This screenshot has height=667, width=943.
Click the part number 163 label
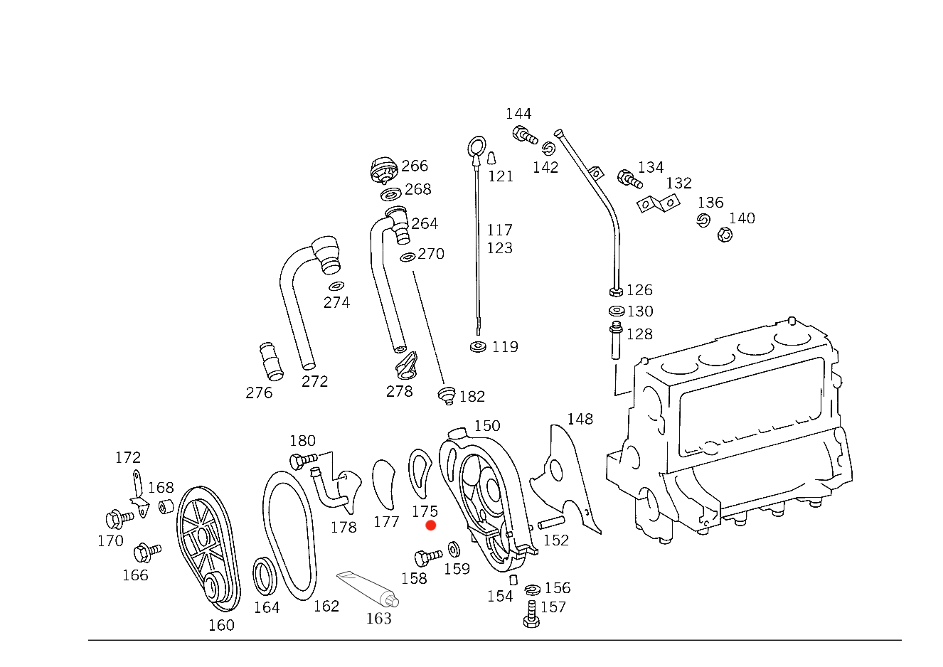tap(379, 619)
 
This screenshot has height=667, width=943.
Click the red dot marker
tap(430, 525)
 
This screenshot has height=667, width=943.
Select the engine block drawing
tap(740, 427)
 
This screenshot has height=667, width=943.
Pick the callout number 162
tap(472, 396)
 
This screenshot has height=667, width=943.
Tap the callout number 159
tap(457, 569)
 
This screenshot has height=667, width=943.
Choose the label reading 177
tap(388, 523)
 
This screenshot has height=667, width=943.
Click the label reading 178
tap(345, 527)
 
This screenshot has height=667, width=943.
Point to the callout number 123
tap(640, 335)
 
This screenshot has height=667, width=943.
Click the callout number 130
tap(640, 311)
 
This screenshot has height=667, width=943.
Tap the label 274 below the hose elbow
tap(337, 303)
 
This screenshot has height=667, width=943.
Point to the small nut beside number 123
tap(617, 331)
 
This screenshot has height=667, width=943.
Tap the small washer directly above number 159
tap(454, 550)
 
